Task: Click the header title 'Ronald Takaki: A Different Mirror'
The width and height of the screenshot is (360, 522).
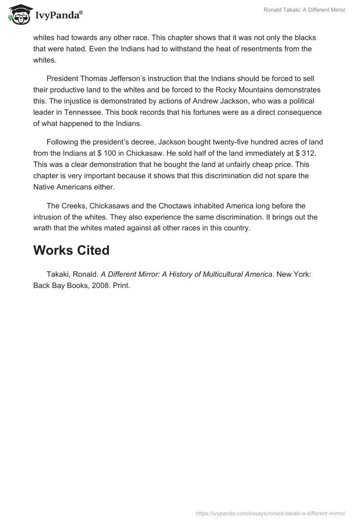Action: (304, 10)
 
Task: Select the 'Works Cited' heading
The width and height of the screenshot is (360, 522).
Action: (71, 250)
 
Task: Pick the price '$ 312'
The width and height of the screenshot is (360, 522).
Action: (310, 153)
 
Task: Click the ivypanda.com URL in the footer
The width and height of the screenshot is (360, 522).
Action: (270, 513)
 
